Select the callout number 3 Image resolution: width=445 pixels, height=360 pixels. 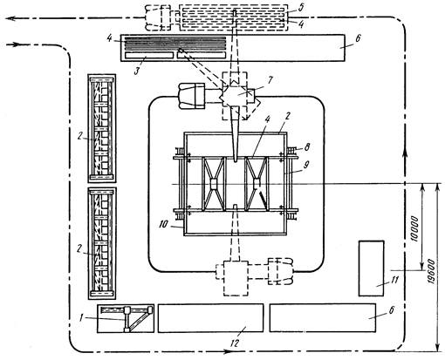(x=137, y=71)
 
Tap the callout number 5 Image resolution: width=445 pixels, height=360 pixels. (x=301, y=8)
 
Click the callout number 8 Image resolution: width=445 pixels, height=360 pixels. (x=306, y=148)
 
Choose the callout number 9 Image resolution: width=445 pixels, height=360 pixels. (x=305, y=165)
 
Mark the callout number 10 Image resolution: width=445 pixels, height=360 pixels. (x=164, y=224)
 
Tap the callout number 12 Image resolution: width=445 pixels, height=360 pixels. (x=235, y=343)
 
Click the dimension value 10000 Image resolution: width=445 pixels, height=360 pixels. (x=415, y=229)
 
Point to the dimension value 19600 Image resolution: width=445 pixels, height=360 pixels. (x=432, y=272)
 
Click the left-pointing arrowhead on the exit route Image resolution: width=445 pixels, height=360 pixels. (x=10, y=18)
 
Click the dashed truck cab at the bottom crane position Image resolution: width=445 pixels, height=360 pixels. (x=280, y=271)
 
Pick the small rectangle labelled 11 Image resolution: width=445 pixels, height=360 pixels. (x=371, y=268)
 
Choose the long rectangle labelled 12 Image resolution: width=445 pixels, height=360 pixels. (x=210, y=318)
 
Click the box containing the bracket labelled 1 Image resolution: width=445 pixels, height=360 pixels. (x=126, y=318)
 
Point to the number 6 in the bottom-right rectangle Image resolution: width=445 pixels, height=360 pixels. (x=391, y=310)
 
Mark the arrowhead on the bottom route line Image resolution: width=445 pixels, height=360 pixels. (x=227, y=352)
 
